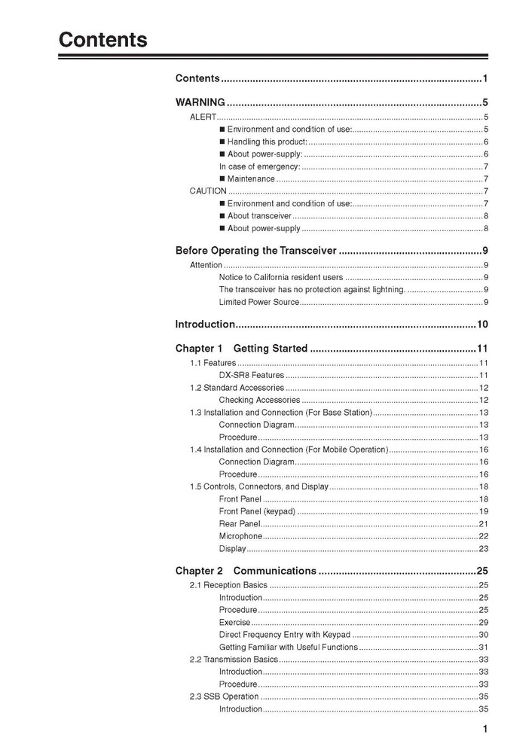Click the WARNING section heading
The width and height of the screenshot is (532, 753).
coord(200,102)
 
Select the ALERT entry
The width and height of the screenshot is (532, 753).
coord(203,117)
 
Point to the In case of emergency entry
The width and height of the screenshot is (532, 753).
coord(259,166)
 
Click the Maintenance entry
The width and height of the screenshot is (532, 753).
coord(251,178)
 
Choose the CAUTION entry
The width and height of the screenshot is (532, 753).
coord(208,191)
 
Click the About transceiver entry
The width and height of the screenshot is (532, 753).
coord(259,216)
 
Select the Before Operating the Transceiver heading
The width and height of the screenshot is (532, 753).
coord(255,251)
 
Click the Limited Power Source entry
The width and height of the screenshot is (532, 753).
coord(258,302)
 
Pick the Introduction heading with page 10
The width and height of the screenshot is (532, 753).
coord(205,325)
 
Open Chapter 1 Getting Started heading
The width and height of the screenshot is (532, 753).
coord(241,349)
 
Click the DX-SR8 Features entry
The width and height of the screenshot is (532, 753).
coord(251,375)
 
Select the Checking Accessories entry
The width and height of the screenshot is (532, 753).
coord(259,400)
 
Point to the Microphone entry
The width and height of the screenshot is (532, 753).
coord(240,536)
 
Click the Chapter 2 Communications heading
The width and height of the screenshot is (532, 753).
coord(246,571)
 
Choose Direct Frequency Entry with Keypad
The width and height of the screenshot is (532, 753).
coord(284,635)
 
